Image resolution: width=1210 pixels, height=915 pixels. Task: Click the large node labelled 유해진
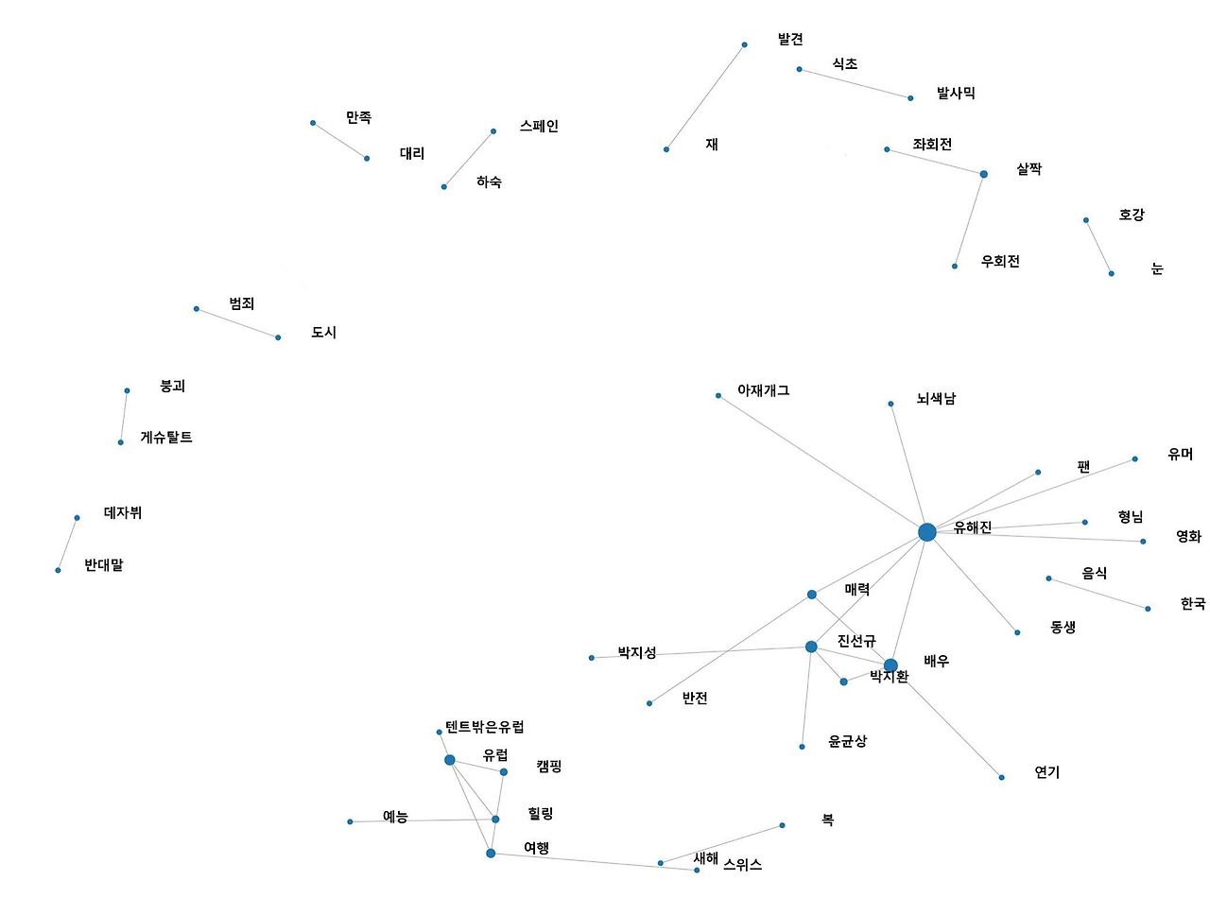tap(926, 532)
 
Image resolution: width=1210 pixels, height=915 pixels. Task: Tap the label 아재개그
tap(763, 390)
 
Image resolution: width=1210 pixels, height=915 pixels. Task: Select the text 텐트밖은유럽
tap(484, 727)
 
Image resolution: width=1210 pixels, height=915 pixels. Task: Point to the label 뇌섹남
tap(936, 399)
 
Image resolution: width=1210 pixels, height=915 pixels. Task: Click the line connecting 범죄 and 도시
tap(237, 323)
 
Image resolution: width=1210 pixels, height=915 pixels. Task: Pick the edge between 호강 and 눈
tap(1098, 247)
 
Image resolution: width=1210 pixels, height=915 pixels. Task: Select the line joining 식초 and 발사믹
tap(855, 83)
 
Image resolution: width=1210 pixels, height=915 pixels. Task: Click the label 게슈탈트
tap(166, 438)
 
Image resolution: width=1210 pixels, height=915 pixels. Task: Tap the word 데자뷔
tap(123, 513)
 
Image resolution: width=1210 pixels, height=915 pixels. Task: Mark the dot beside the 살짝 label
tap(983, 174)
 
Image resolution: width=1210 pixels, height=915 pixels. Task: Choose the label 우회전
tap(1000, 262)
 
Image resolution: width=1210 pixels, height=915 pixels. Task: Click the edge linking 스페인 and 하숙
tap(468, 159)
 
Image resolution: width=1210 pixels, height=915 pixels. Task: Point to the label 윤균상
tap(847, 742)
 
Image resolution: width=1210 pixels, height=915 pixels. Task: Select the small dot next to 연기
tap(1001, 777)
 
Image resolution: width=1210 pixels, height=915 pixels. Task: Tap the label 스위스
tap(742, 865)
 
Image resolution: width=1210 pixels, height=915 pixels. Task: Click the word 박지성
tap(637, 653)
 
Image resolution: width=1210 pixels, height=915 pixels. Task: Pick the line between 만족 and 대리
tap(339, 140)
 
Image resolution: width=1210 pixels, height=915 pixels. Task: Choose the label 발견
tap(790, 40)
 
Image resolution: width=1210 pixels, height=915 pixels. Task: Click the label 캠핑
tap(548, 767)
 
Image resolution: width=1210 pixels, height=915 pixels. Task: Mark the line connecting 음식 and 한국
tap(1098, 594)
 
